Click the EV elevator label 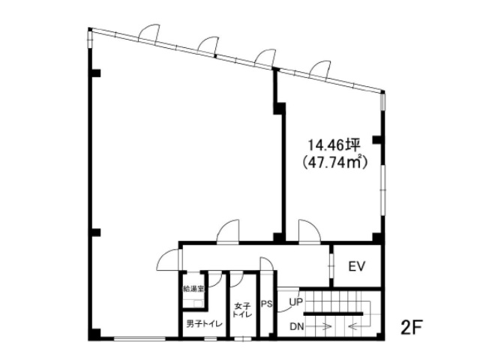tap(357, 266)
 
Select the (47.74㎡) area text tap(334, 162)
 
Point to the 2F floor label tap(412, 327)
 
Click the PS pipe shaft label tap(267, 304)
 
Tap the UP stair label tap(296, 302)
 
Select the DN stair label tap(297, 327)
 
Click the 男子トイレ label tap(204, 324)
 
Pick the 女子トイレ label tap(243, 310)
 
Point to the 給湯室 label tap(193, 288)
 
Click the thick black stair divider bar tap(333, 313)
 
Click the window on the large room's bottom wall tap(140, 339)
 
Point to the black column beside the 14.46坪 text tap(376, 139)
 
